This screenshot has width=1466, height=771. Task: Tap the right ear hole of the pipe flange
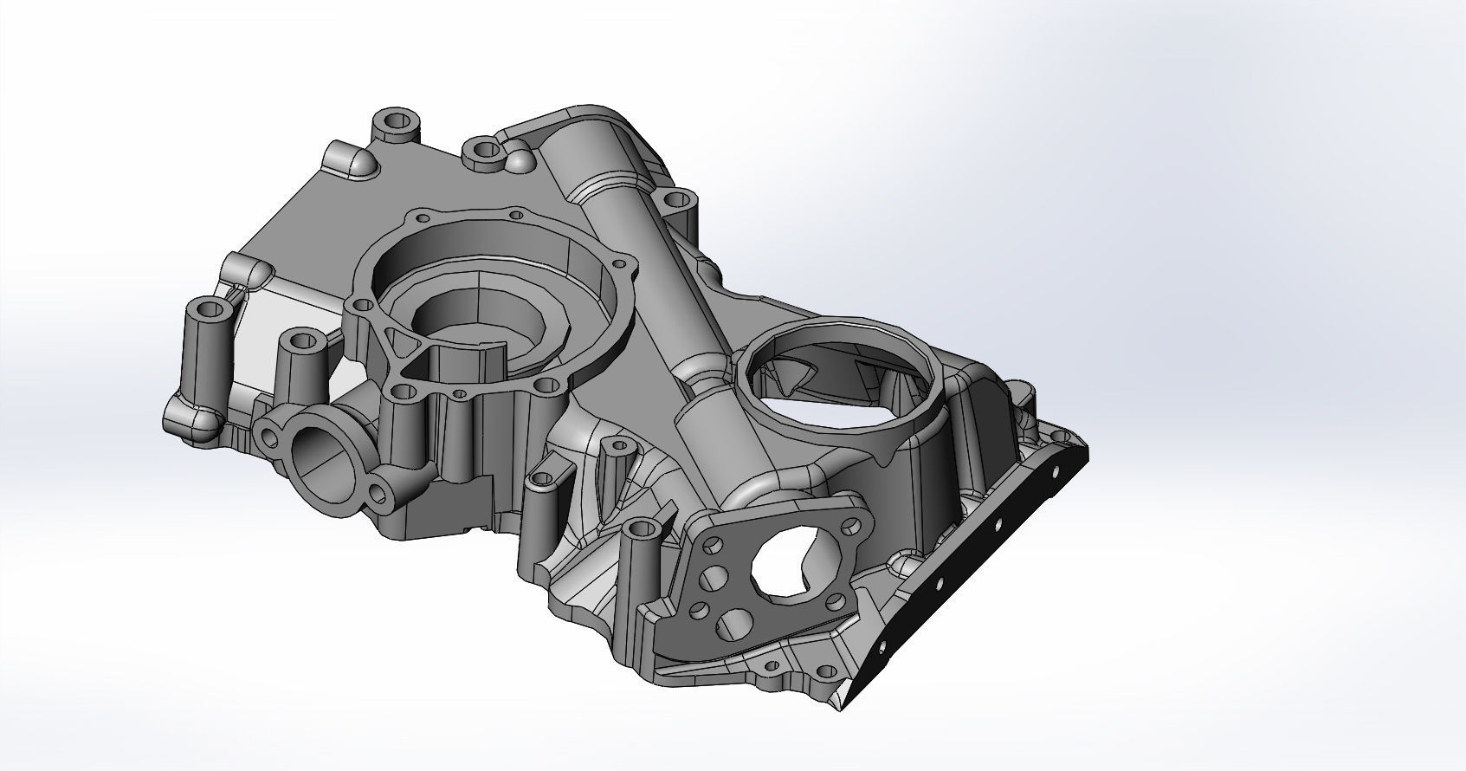(378, 494)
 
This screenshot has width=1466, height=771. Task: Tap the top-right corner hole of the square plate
(855, 525)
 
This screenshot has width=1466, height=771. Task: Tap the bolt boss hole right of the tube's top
(673, 201)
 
